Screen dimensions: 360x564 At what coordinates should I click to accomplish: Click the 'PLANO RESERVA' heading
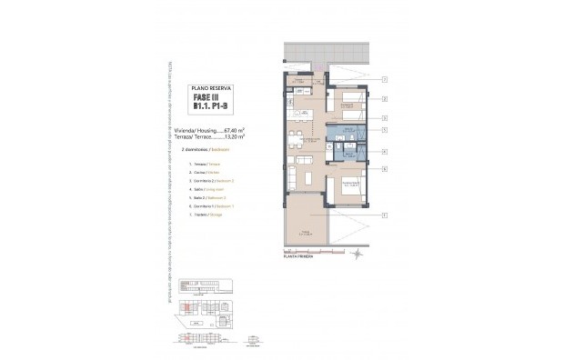click(x=213, y=88)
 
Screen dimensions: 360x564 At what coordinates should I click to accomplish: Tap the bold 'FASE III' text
click(x=214, y=98)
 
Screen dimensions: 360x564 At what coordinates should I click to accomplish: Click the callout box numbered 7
click(x=386, y=81)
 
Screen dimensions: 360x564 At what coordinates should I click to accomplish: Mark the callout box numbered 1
click(x=386, y=215)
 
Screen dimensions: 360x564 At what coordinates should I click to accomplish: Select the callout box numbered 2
click(x=386, y=99)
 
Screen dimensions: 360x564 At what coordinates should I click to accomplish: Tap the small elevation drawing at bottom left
click(x=199, y=336)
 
